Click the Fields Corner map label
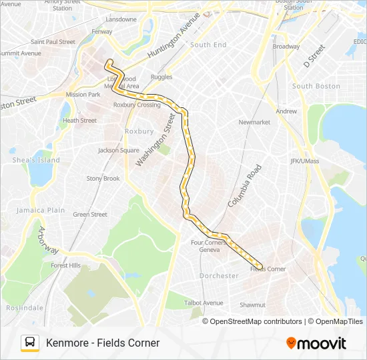268,269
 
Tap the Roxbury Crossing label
137,105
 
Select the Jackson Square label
119,150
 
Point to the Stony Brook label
103,179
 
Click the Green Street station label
90,215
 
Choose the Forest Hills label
65,265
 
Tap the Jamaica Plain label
41,210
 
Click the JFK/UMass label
306,161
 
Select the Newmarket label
254,123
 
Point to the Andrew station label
286,111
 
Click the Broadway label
286,47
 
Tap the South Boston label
316,86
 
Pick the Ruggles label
161,77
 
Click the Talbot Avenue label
204,303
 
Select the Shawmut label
253,305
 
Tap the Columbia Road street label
242,185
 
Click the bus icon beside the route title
30,343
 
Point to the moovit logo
316,343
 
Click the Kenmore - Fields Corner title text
103,343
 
